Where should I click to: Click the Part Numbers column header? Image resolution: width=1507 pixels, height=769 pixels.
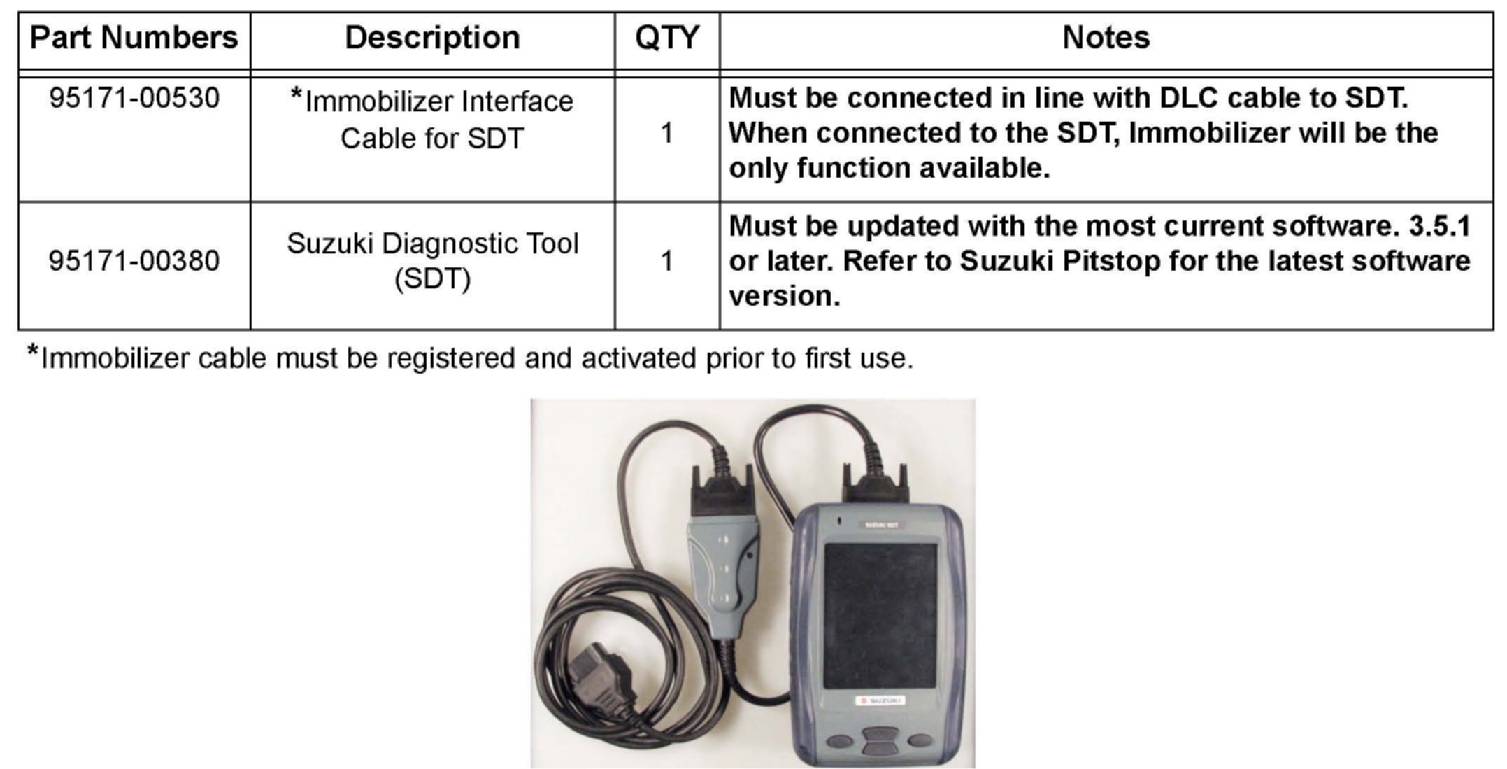pyautogui.click(x=134, y=38)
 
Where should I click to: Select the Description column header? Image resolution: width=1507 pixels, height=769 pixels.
pyautogui.click(x=432, y=38)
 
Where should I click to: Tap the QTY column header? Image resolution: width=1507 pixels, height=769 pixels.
pyautogui.click(x=666, y=38)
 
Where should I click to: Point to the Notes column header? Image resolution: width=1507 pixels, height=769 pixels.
pyautogui.click(x=1106, y=38)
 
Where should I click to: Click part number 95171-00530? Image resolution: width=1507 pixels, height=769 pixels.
pyautogui.click(x=134, y=98)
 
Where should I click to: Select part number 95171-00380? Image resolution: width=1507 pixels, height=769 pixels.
pyautogui.click(x=134, y=261)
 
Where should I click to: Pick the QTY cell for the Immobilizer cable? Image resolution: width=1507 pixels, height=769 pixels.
pyautogui.click(x=666, y=133)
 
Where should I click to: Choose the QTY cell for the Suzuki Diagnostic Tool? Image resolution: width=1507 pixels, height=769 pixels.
pyautogui.click(x=666, y=261)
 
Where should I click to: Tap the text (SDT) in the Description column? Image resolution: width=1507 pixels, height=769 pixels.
pyautogui.click(x=432, y=279)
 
